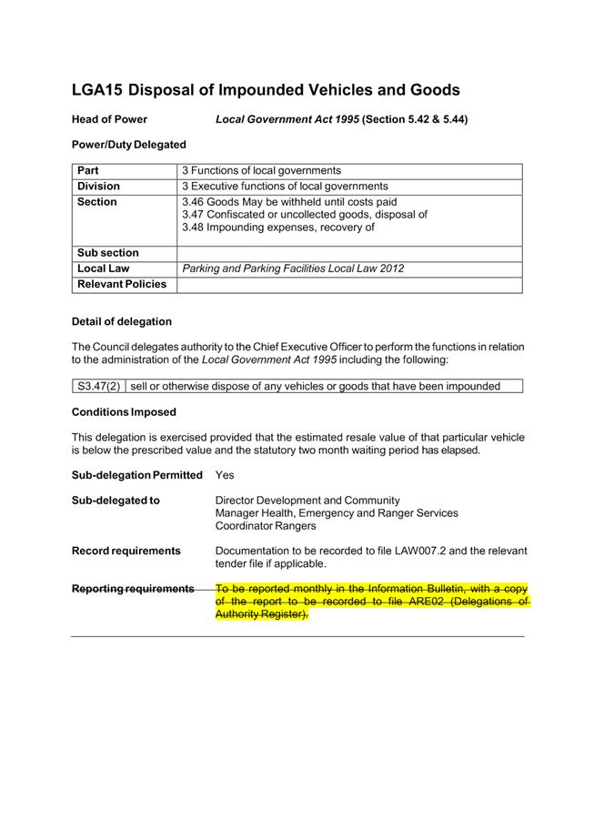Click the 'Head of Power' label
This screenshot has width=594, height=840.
109,119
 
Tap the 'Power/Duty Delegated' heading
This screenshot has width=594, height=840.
128,145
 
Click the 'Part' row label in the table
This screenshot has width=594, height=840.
88,170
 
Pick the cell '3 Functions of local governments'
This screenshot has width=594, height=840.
262,170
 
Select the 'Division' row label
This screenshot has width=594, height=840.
98,186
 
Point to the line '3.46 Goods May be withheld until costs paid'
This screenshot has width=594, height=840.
289,201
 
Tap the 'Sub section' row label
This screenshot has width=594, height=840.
108,253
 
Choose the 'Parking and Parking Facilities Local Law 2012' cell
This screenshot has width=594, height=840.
293,268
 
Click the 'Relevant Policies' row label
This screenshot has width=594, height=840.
122,284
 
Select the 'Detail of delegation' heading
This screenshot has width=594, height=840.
121,321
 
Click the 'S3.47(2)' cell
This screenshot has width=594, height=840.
98,386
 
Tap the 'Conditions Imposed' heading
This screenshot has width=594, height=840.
124,412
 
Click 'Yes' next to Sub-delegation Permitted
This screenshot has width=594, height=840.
226,475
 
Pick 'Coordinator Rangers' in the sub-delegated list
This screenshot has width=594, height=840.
266,525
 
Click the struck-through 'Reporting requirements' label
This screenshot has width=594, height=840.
133,589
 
